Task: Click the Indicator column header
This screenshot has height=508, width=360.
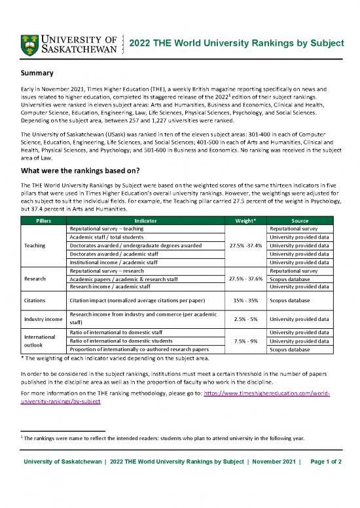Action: point(145,221)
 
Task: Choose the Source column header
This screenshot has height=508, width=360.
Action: point(302,221)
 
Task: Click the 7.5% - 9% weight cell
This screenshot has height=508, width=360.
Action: point(245,341)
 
